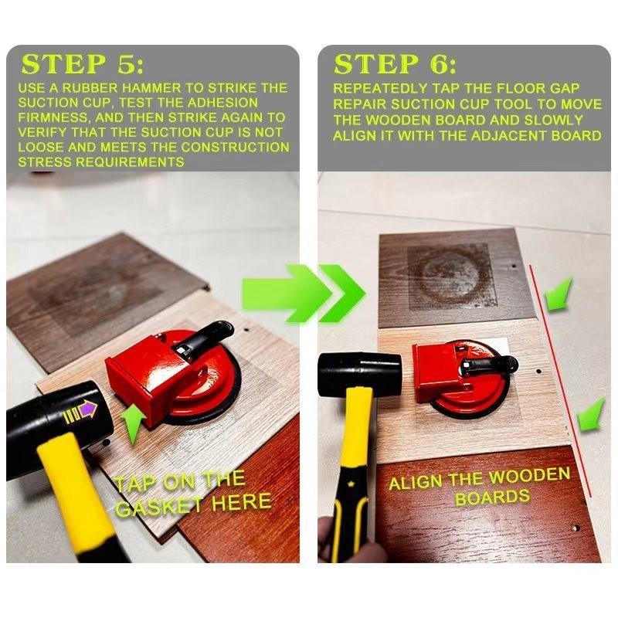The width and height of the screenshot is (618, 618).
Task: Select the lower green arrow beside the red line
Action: [590, 414]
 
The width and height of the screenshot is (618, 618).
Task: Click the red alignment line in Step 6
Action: [561, 379]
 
